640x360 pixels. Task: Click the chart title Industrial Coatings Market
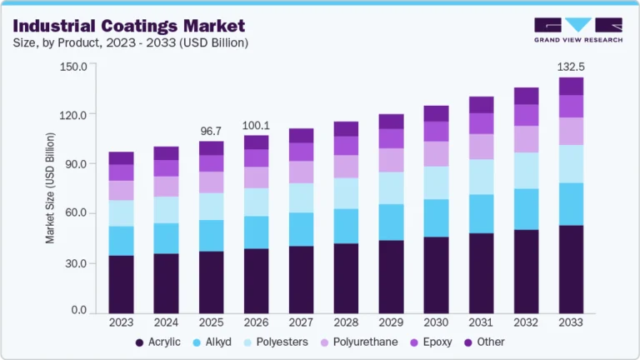tap(129, 26)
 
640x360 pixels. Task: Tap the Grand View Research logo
tap(578, 29)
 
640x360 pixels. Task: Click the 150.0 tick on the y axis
tap(73, 66)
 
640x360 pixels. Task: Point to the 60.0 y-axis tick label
tap(75, 213)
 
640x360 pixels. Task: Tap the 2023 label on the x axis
tap(121, 322)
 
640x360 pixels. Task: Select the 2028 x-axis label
tap(346, 322)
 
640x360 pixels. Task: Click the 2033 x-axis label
tap(571, 322)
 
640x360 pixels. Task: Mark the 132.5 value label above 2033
tap(571, 66)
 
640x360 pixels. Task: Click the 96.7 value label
tap(211, 131)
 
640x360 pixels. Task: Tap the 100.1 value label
tap(256, 125)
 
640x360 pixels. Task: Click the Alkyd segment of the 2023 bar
tap(121, 240)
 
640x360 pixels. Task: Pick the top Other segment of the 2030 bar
tap(436, 113)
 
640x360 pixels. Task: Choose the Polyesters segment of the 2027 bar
tap(301, 197)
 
